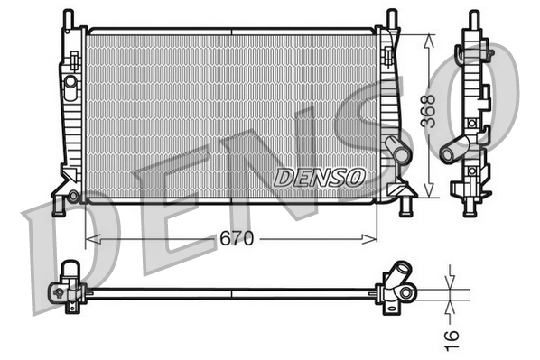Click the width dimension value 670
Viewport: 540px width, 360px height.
coord(237,238)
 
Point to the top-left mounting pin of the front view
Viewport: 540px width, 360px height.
coord(67,18)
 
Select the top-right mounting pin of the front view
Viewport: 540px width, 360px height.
coord(391,18)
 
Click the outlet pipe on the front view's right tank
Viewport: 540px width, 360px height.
coord(396,150)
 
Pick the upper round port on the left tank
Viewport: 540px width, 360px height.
coord(70,82)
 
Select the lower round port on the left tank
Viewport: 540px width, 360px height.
coord(73,195)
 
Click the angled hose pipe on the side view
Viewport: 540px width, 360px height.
coord(457,145)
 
